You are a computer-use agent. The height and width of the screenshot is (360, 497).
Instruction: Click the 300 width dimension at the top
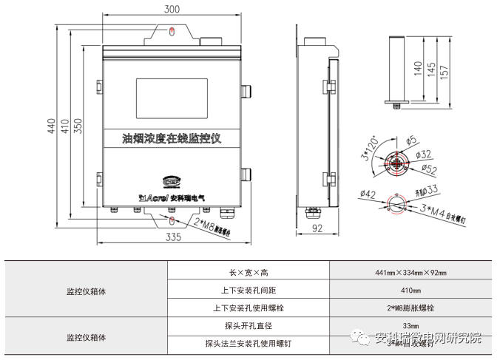tap(172, 10)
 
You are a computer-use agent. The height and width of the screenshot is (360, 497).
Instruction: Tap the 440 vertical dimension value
tap(52, 126)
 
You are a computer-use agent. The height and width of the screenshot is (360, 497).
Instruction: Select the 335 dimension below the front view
tap(174, 237)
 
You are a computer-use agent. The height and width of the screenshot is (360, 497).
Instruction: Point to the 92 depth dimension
tap(319, 229)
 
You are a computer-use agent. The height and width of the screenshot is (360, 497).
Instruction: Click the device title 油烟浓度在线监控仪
tap(172, 138)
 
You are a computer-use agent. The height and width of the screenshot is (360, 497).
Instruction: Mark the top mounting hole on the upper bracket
tap(172, 31)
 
